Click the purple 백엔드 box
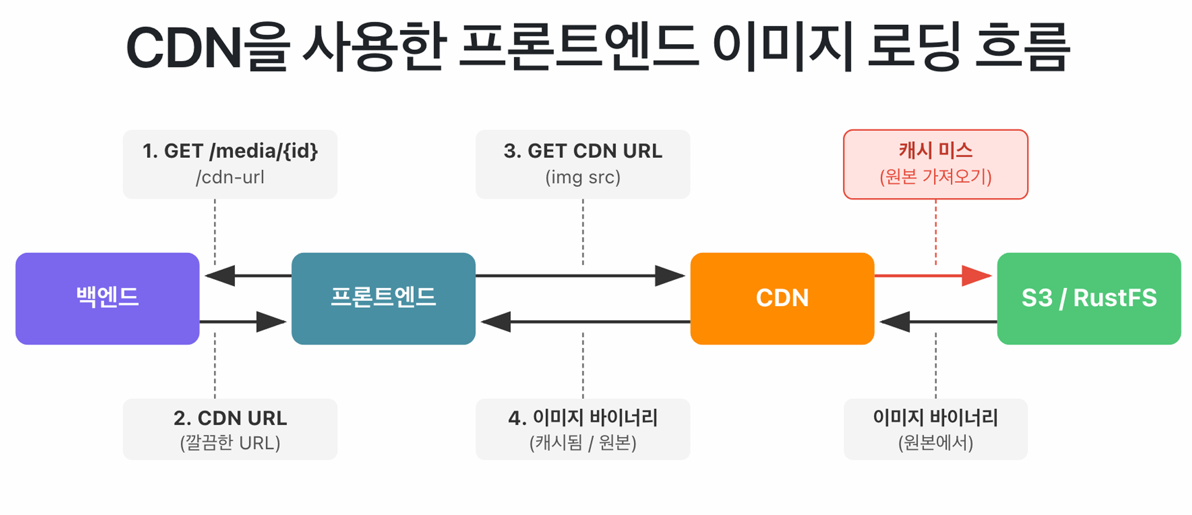(107, 298)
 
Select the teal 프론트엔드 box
(383, 298)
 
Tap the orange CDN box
(782, 298)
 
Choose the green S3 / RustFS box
(1089, 298)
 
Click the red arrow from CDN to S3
(933, 276)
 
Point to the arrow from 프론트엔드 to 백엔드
(248, 276)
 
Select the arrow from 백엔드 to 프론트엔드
(243, 322)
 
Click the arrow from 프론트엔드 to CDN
(580, 276)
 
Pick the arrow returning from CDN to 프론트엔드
(585, 322)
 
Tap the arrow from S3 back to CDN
(938, 322)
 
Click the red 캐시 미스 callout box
(935, 164)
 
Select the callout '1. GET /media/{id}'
(230, 164)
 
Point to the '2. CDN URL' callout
(230, 429)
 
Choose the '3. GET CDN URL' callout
(583, 164)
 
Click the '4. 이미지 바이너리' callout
(583, 429)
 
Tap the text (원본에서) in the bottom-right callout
(935, 443)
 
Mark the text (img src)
(583, 177)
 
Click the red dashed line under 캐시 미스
(936, 232)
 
